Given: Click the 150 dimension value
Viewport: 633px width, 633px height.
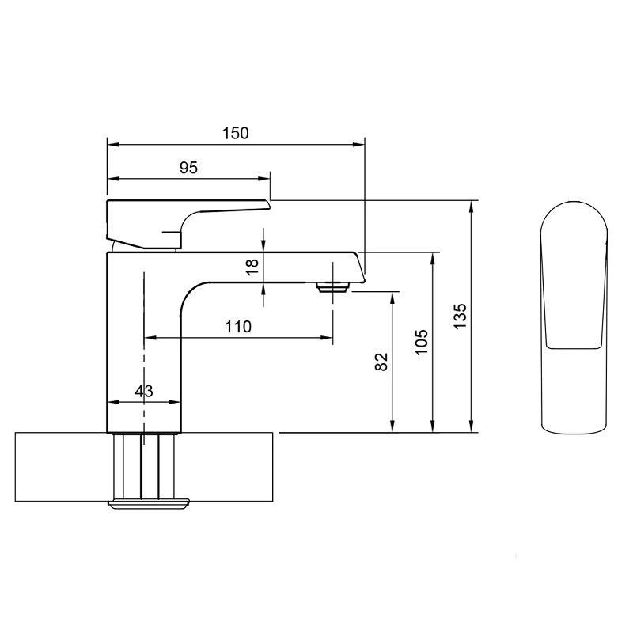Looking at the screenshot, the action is tap(236, 133).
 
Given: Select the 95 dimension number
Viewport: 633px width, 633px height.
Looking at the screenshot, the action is tap(188, 168).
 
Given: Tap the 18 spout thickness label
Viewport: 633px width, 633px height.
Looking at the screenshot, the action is tap(252, 267).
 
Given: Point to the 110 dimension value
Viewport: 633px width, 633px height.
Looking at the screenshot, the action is tap(238, 326).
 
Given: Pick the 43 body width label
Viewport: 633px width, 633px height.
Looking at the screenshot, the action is tap(144, 391).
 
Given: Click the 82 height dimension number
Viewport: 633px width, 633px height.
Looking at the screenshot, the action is tap(381, 362).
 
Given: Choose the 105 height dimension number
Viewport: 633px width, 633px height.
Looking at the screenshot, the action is tap(422, 342).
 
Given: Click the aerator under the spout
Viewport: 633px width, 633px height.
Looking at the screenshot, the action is tap(333, 287).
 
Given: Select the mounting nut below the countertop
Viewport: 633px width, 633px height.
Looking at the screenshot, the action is tap(149, 504).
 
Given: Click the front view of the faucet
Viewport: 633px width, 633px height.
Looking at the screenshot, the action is tap(574, 318).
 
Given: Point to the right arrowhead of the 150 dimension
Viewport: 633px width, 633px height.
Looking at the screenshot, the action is tap(359, 144).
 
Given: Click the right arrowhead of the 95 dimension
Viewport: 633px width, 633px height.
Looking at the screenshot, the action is tap(264, 179).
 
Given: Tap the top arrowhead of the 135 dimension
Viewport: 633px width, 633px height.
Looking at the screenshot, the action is tap(471, 207).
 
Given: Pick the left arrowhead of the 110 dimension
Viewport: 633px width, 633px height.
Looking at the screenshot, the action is tap(150, 337).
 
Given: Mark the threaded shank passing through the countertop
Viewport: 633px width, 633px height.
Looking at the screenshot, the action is tap(144, 467).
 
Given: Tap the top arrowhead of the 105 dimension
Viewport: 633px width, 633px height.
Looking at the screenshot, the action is tap(433, 259).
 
